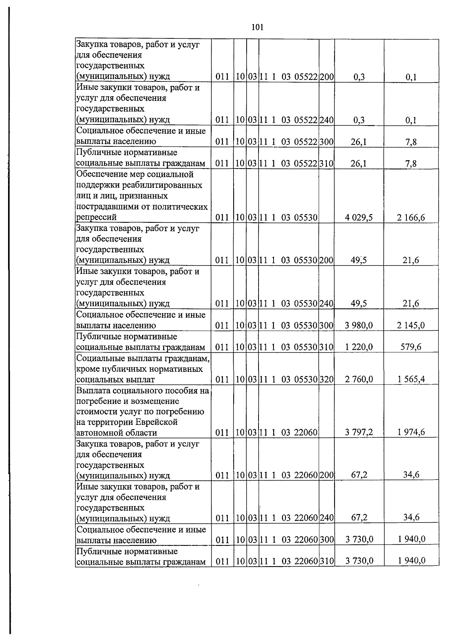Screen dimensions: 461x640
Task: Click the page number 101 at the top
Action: coord(257,27)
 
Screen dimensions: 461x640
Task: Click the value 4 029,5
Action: coord(359,218)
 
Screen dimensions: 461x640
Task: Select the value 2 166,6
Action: coord(411,218)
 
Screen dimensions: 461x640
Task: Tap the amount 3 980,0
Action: coord(359,326)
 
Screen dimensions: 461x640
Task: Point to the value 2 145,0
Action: coord(411,326)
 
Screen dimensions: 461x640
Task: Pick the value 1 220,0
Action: coord(359,347)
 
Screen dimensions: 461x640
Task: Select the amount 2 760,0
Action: coord(359,380)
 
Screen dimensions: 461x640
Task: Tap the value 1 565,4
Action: coord(411,380)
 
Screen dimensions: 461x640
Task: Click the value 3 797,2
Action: coord(359,433)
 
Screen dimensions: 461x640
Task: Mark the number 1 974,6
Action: coord(411,432)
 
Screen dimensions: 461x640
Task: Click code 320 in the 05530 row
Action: coord(327,380)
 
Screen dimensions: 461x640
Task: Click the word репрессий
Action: coord(96,217)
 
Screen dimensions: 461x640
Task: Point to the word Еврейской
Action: coord(157,422)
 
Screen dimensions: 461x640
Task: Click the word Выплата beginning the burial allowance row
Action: coord(94,391)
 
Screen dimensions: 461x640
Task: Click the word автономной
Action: coord(99,433)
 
